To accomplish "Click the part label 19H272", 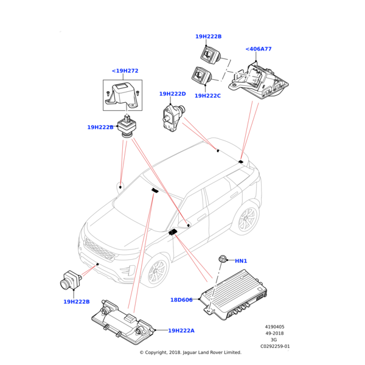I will click(x=125, y=71).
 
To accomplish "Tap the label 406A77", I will click(x=259, y=49).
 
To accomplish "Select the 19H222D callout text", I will click(x=172, y=94).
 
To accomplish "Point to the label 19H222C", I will click(x=208, y=96).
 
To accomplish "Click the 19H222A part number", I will click(x=181, y=330).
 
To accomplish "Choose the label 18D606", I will click(x=181, y=300).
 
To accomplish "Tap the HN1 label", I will click(x=241, y=261).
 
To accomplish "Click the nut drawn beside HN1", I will click(x=223, y=259).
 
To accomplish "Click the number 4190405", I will click(x=275, y=327).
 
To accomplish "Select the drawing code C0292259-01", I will click(x=275, y=347).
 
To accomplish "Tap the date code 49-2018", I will click(x=275, y=333).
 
